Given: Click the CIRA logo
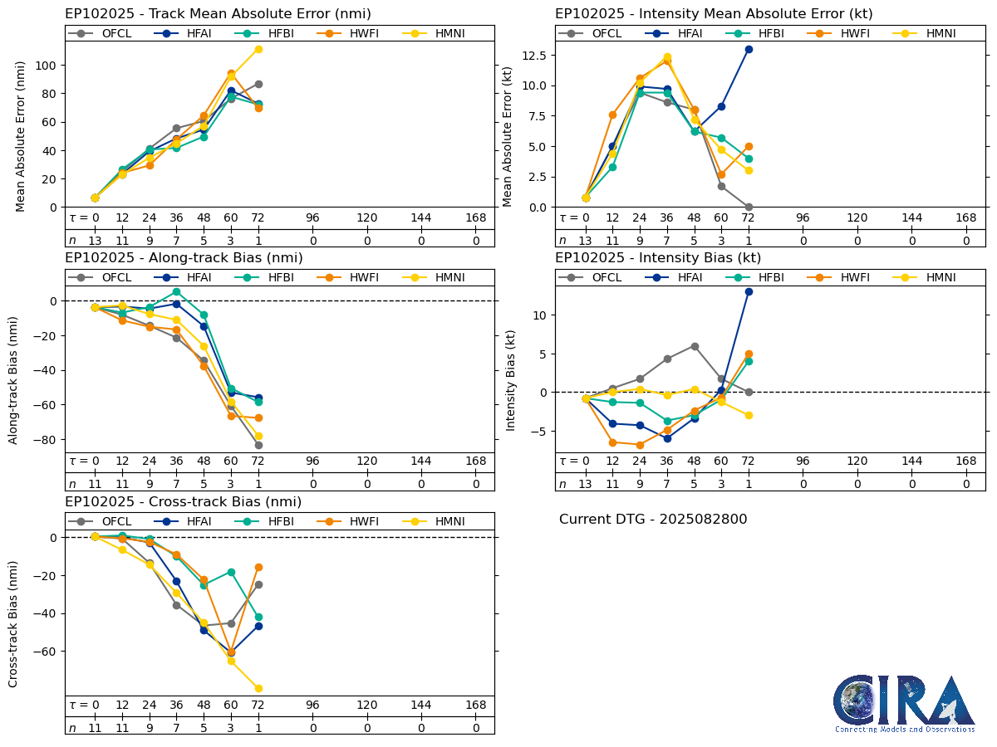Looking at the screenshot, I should click(x=905, y=703).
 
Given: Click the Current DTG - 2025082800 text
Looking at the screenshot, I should click(x=653, y=520).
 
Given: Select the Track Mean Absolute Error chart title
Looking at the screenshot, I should click(x=218, y=14).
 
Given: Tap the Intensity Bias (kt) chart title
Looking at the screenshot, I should click(x=658, y=258).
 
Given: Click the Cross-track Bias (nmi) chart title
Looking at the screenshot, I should click(x=183, y=502).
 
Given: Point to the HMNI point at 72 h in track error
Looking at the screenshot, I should click(x=258, y=49).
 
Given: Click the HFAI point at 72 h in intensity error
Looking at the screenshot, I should click(x=749, y=49).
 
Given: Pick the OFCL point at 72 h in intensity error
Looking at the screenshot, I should click(x=749, y=207).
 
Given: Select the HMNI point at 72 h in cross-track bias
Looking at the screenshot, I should click(x=258, y=688).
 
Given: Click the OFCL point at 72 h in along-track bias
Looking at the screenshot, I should click(x=258, y=445).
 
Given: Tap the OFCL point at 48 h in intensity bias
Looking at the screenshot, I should click(x=695, y=346).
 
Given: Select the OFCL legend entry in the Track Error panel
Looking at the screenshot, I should click(x=106, y=33).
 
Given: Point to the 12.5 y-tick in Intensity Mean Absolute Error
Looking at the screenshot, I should click(x=535, y=55).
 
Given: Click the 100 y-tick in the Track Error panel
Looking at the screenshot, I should click(x=48, y=66).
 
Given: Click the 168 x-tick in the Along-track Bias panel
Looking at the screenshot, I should click(x=476, y=461).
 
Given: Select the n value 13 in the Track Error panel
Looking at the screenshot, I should click(x=95, y=241).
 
